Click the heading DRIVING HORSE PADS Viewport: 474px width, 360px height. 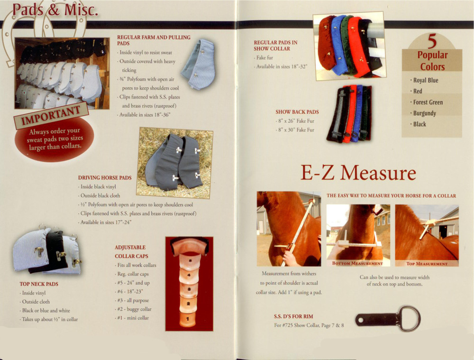coord(105,178)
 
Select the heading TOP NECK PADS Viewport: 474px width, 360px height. coord(39,284)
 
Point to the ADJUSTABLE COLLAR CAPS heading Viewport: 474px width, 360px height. coord(130,252)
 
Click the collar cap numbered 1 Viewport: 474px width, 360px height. coord(188,319)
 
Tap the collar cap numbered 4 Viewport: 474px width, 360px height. coord(189,275)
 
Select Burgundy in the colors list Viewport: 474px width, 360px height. coord(424,113)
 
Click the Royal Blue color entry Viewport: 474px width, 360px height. coord(425,80)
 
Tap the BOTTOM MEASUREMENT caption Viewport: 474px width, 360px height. coord(358,263)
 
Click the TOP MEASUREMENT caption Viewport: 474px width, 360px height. coord(427,263)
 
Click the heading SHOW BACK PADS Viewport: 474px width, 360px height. coord(297,112)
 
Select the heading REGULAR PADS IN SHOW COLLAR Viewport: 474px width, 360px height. coord(275,46)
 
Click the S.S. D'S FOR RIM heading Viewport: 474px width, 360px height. coord(293,316)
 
